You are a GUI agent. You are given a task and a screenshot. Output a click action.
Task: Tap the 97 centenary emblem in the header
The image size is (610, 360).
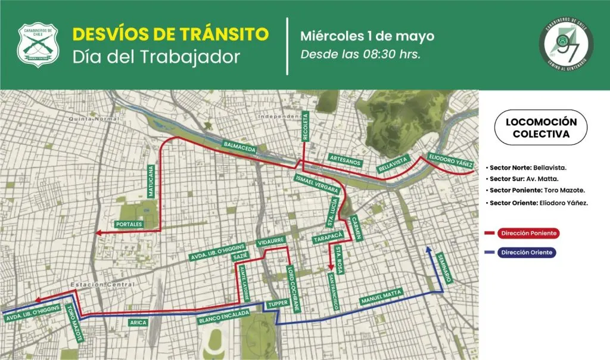pos(566,45)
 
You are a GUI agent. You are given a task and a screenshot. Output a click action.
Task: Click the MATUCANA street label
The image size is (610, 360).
pos(151,181)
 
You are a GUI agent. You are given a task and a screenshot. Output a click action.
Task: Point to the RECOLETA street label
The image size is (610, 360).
pos(306,126)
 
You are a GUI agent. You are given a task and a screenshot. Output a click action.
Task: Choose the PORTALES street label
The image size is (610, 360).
pos(129,225)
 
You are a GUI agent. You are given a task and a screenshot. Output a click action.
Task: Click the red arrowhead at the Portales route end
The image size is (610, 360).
pos(99,231)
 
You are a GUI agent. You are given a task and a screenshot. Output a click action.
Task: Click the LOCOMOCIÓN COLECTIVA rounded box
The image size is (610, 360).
pos(541,128)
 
